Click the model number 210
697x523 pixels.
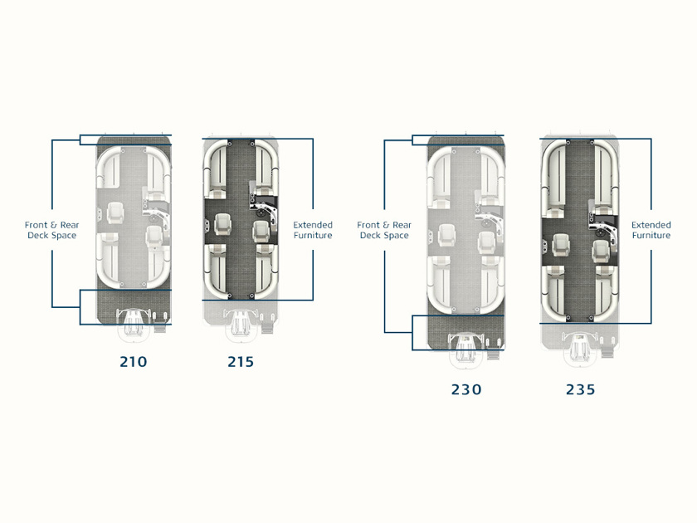tap(134, 362)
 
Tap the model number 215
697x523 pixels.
tap(241, 362)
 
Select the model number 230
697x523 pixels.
tap(466, 389)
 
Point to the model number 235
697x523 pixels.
tap(581, 389)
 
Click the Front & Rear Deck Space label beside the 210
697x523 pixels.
tap(52, 230)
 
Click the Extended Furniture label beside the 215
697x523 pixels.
tap(313, 230)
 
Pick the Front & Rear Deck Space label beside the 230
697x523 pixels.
tap(384, 230)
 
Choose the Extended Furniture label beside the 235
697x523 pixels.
tap(651, 230)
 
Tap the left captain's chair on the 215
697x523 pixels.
tap(223, 224)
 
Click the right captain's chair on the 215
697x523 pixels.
tap(261, 232)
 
